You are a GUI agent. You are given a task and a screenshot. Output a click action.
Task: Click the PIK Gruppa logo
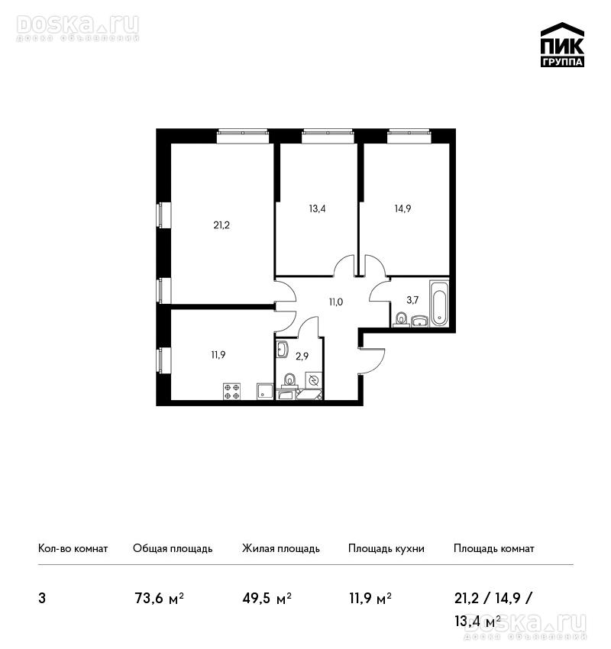[562, 45]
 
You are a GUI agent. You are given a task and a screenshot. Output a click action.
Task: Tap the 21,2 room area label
[221, 225]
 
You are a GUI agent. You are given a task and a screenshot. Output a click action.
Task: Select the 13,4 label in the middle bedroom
[317, 208]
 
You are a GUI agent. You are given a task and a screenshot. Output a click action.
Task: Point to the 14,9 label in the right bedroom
[402, 208]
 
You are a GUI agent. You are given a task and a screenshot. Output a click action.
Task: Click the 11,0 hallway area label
[336, 302]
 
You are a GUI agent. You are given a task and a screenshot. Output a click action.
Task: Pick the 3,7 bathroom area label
[412, 300]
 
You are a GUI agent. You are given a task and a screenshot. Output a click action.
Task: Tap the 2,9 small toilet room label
[302, 356]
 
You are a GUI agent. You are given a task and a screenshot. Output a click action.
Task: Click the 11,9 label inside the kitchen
[218, 355]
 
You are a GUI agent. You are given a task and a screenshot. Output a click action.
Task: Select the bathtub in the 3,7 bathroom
[439, 303]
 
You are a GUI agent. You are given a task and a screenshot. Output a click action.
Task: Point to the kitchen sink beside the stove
[265, 391]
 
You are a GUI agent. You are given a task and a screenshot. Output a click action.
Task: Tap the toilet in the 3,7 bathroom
[401, 320]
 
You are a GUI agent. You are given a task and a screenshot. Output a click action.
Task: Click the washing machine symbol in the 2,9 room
[313, 380]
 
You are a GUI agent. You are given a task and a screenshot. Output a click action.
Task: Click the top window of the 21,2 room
[244, 137]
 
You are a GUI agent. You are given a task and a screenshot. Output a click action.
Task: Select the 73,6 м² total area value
[160, 598]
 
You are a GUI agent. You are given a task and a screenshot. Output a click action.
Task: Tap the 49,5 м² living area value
[267, 598]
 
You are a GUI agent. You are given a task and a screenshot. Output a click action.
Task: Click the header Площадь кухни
[386, 549]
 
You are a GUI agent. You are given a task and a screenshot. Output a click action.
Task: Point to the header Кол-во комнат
[73, 549]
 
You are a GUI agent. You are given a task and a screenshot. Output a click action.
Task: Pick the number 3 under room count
[42, 599]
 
